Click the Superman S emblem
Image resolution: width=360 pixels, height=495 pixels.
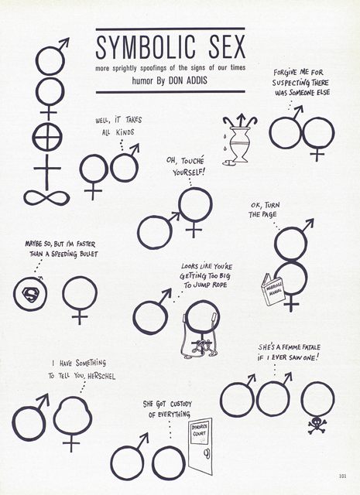coord(30,295)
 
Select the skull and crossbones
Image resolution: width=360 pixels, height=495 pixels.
coord(317,425)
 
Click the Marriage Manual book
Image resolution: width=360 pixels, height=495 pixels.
coord(273,289)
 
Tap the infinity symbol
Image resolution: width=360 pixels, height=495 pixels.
coord(46,198)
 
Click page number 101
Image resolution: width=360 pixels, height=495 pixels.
coord(342,476)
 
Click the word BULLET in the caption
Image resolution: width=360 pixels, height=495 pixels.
coord(88,254)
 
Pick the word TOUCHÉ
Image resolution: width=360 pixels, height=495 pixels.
coord(193,161)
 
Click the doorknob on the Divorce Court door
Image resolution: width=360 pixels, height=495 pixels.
coord(206,454)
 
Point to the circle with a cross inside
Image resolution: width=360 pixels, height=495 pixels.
coord(47,138)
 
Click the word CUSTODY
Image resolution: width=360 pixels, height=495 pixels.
coord(181,404)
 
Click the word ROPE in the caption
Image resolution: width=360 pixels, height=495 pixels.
coord(219,285)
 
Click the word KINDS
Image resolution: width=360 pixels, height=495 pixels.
coord(125,132)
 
